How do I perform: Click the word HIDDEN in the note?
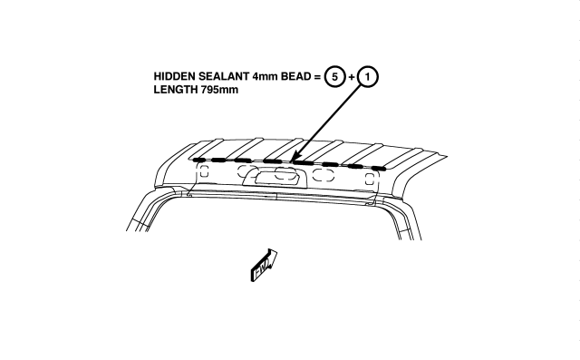pos(175,76)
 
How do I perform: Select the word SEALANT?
pos(224,76)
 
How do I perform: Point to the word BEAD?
pos(296,76)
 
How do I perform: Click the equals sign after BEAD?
pos(317,76)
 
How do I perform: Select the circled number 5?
pos(334,76)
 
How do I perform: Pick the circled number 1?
pos(367,76)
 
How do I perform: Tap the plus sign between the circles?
pos(351,77)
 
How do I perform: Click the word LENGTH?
pos(176,90)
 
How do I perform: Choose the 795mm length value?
pos(219,90)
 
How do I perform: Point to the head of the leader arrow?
pos(293,159)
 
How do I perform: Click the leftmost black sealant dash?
pos(199,160)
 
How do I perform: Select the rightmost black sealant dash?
pos(379,169)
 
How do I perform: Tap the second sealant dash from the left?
pos(219,161)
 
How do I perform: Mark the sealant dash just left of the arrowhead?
pos(273,161)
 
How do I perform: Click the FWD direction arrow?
pos(264,265)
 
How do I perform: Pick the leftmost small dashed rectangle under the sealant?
pos(204,171)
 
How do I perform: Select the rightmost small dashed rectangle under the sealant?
pos(369,179)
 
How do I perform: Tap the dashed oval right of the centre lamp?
pos(324,175)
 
